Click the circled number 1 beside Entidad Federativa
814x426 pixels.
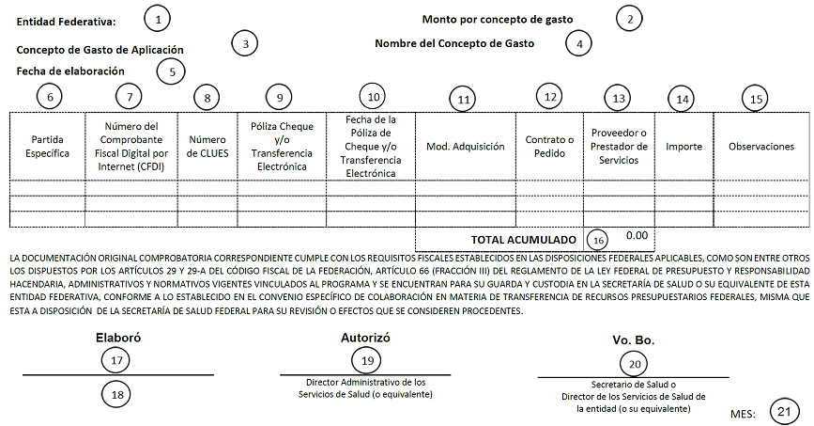(x=159, y=18)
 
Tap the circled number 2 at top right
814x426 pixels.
(x=630, y=18)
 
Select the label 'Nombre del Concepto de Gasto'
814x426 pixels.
(x=454, y=43)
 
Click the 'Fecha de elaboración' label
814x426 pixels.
(x=70, y=71)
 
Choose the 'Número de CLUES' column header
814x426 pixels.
(x=207, y=146)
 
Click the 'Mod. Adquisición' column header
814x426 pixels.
(x=465, y=146)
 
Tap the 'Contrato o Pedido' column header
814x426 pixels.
(x=549, y=146)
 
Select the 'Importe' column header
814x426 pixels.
(x=683, y=146)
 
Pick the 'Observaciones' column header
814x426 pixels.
(x=761, y=146)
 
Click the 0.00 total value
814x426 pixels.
(x=637, y=236)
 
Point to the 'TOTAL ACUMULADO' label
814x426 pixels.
(x=524, y=238)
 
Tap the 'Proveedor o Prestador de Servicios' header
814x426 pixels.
(x=618, y=146)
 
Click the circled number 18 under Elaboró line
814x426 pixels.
(x=118, y=395)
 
